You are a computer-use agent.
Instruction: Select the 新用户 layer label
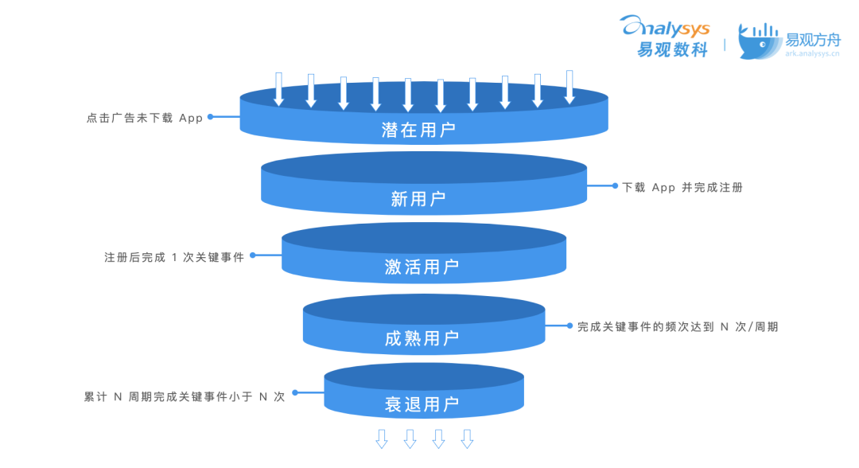click(418, 199)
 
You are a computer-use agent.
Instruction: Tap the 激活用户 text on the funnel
click(422, 267)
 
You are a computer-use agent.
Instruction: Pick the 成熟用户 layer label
click(422, 339)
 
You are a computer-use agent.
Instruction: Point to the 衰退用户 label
click(422, 404)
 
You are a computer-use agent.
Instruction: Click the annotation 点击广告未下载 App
click(145, 118)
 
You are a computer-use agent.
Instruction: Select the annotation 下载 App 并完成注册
click(682, 188)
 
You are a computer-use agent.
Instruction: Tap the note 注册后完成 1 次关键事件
click(174, 257)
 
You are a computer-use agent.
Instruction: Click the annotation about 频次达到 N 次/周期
click(678, 326)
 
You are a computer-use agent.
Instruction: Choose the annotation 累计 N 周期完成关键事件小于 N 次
click(185, 396)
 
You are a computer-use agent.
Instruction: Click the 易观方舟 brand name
click(812, 38)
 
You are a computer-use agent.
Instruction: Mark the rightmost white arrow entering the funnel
click(569, 87)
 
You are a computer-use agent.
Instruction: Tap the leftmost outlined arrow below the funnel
click(382, 439)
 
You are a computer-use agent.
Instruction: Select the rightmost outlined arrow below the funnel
click(467, 439)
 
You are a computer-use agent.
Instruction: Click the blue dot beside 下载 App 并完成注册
click(615, 185)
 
